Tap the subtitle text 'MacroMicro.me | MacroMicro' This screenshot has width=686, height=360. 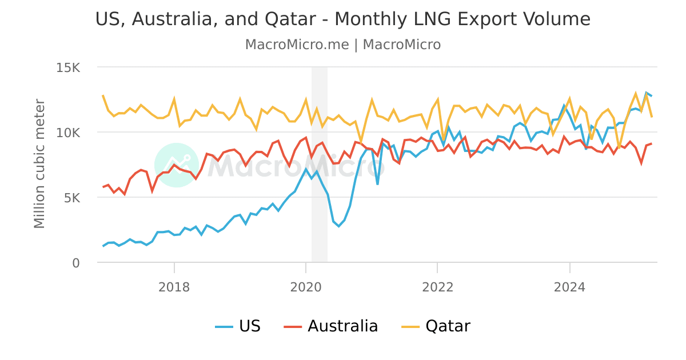[343, 45]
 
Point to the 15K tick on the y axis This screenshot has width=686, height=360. [68, 68]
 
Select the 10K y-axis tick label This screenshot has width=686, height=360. [68, 133]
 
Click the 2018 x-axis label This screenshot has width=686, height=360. [174, 287]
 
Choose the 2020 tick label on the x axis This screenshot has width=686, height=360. [306, 287]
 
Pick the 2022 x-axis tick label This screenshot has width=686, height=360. [437, 287]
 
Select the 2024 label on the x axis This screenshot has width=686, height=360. [569, 287]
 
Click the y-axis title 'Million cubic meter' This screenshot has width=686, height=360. [39, 164]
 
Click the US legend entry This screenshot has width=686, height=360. [238, 326]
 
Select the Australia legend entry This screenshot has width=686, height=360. [331, 326]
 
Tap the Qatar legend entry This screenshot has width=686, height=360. [436, 326]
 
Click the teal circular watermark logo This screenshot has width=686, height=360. [177, 165]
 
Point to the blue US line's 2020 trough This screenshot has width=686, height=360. [338, 226]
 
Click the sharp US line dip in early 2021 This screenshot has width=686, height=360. [377, 184]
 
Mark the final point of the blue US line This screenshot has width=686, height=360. [651, 96]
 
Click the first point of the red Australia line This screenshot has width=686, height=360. [103, 187]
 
